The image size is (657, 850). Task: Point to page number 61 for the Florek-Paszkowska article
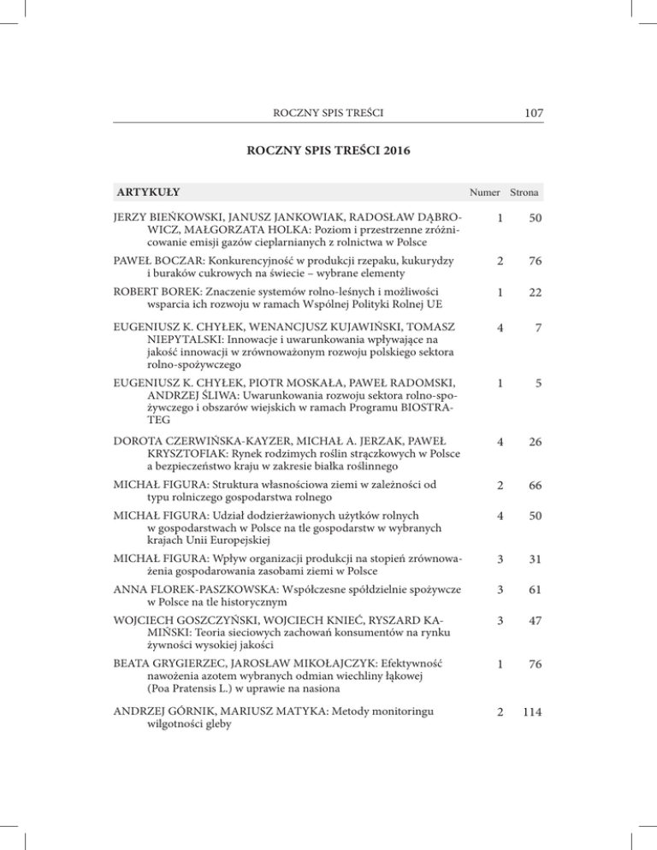[536, 592]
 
